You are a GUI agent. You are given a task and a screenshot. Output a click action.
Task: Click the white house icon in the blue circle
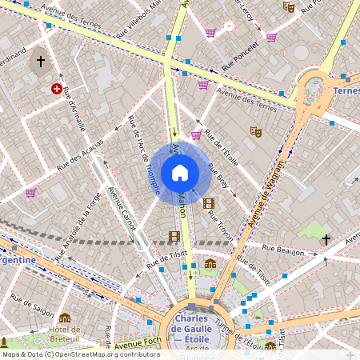(180, 172)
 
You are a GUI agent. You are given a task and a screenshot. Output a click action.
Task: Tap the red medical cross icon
(56, 90)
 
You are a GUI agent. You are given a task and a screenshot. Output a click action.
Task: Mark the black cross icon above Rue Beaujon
(326, 239)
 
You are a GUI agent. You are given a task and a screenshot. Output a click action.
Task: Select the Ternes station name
(346, 90)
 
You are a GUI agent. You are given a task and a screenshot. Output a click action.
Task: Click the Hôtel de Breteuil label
(64, 335)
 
